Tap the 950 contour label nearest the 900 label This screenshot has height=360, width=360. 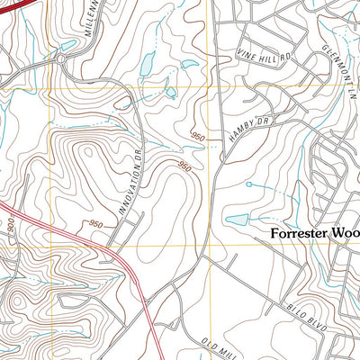[x=96, y=224]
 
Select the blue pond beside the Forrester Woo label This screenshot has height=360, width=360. [x=237, y=220]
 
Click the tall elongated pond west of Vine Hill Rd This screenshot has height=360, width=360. [x=149, y=62]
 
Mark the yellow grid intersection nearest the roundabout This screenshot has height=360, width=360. [x=49, y=86]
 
